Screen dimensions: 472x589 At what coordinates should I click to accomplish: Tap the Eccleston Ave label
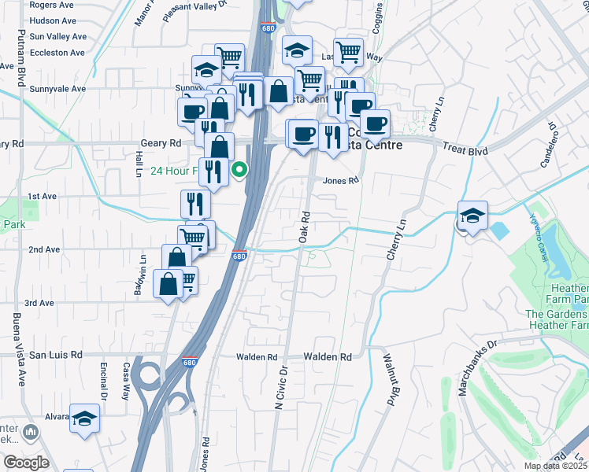pyautogui.click(x=57, y=53)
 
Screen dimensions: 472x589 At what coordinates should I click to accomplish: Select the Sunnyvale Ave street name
pyautogui.click(x=57, y=89)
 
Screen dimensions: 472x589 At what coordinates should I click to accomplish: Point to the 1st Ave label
pyautogui.click(x=43, y=196)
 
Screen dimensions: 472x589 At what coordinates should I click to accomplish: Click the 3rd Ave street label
pyautogui.click(x=39, y=303)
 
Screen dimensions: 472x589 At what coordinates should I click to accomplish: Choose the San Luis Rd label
pyautogui.click(x=56, y=355)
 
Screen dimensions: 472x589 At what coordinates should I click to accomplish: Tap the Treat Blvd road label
pyautogui.click(x=465, y=149)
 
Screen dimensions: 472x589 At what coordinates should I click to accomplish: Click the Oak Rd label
pyautogui.click(x=304, y=225)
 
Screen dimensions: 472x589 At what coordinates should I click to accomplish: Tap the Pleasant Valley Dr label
pyautogui.click(x=191, y=10)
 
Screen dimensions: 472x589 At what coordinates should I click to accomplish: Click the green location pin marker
pyautogui.click(x=238, y=168)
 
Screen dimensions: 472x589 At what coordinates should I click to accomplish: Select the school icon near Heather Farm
pyautogui.click(x=472, y=216)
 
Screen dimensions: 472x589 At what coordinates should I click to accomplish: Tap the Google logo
pyautogui.click(x=26, y=463)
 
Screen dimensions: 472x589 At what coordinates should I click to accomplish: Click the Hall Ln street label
pyautogui.click(x=138, y=164)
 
